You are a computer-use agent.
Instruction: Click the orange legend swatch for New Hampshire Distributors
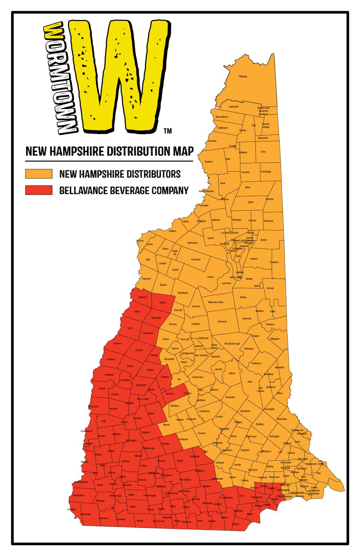click(39, 174)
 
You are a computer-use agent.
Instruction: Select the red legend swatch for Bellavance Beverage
click(39, 190)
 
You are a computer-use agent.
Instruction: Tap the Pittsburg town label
click(243, 76)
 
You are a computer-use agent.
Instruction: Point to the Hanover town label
click(117, 343)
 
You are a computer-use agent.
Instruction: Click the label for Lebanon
click(111, 359)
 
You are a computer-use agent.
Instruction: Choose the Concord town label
click(201, 433)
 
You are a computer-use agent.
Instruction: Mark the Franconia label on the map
click(196, 259)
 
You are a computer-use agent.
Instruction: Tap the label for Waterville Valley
click(216, 302)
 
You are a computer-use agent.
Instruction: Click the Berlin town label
click(251, 202)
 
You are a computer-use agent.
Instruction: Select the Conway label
click(270, 288)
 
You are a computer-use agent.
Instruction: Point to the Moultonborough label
click(232, 344)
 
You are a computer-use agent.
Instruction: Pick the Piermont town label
click(142, 297)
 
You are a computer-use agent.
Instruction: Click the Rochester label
click(282, 419)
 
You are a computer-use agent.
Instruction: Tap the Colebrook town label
click(222, 128)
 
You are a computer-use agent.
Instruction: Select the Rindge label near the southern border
click(139, 520)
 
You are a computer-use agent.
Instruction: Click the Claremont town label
click(93, 406)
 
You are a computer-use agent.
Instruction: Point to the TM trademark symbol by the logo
click(168, 131)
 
